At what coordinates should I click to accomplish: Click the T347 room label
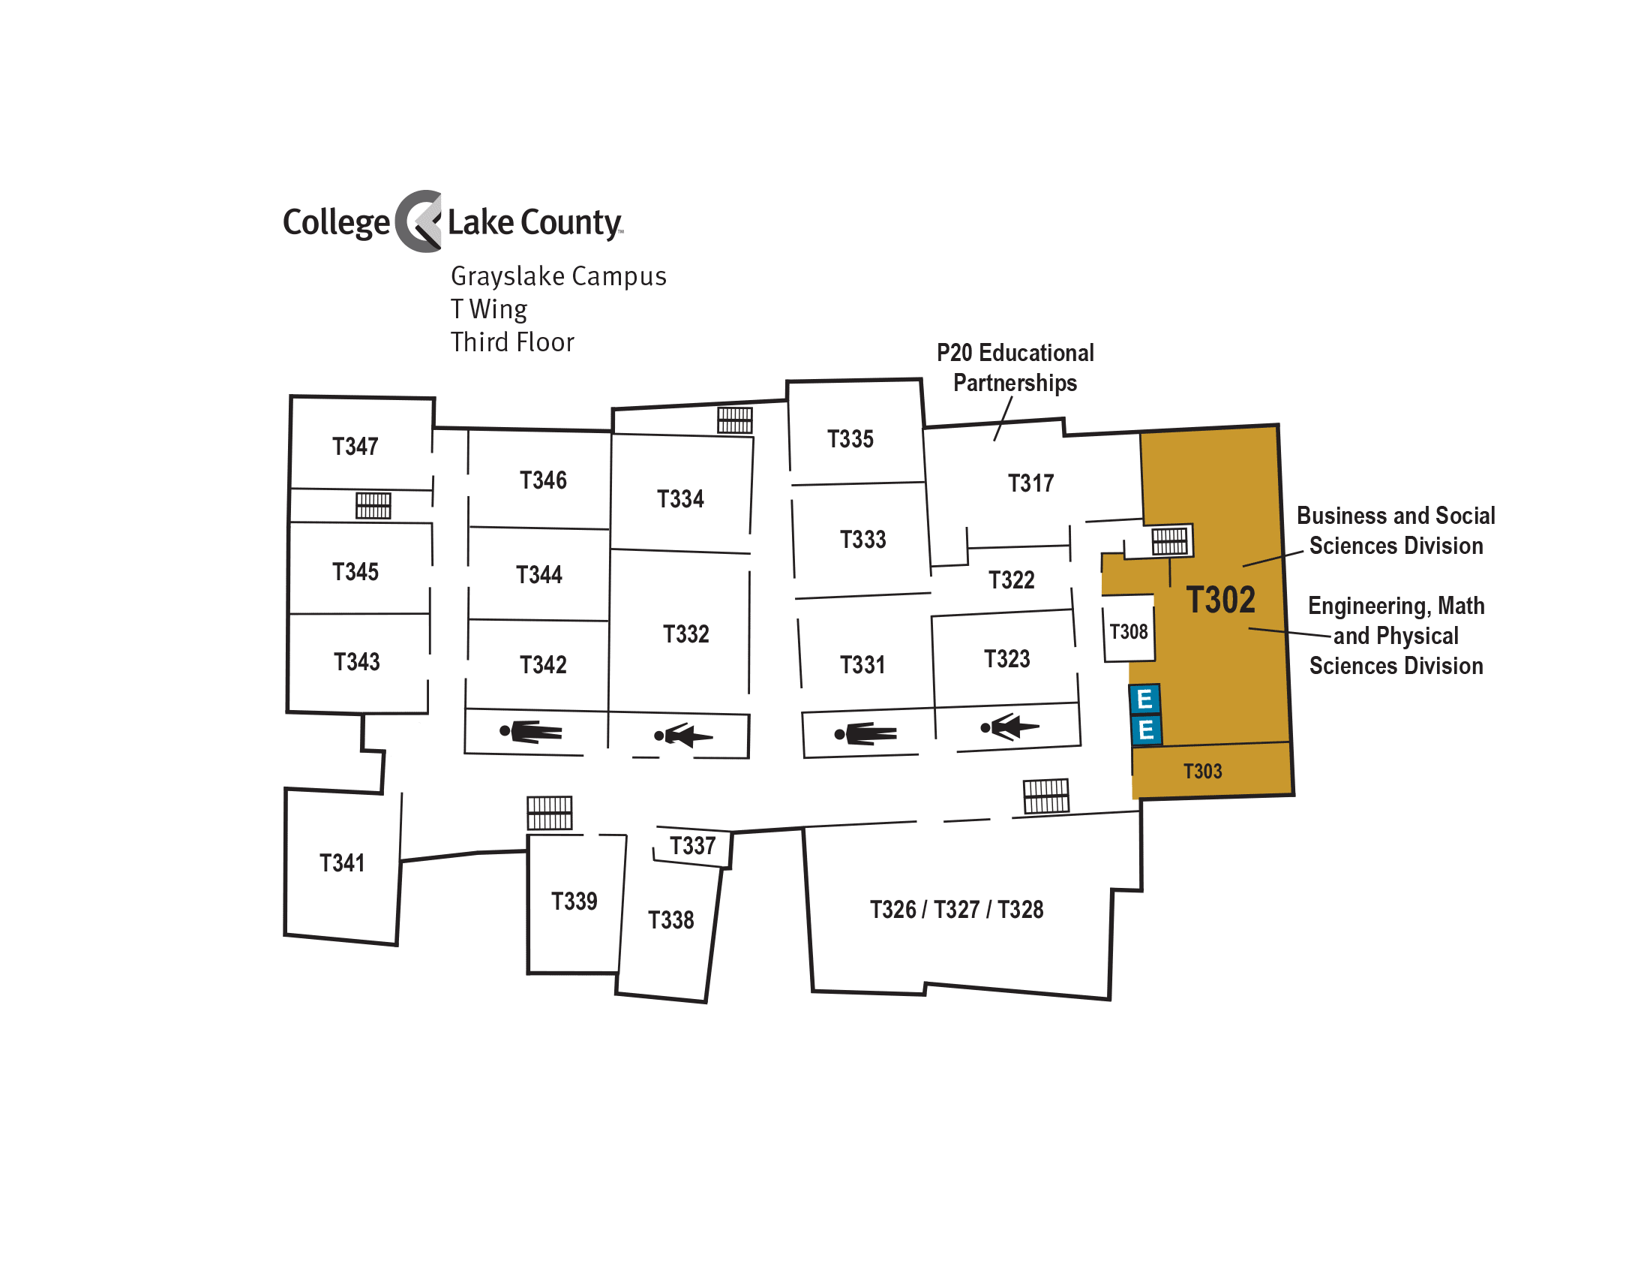(x=355, y=447)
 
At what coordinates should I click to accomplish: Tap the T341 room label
(x=342, y=863)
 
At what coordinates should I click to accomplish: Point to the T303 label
(x=1203, y=771)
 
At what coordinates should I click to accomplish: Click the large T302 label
(x=1221, y=600)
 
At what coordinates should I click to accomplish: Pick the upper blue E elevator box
(x=1144, y=700)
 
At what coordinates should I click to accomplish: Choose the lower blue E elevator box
(x=1146, y=730)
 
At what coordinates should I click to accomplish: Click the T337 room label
(x=693, y=846)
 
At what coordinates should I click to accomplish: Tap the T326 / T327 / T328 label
(x=956, y=910)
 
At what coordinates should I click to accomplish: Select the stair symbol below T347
(x=373, y=506)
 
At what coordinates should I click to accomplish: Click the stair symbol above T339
(x=549, y=814)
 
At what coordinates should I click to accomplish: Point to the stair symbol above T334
(x=735, y=420)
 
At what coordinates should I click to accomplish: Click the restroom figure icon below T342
(x=531, y=732)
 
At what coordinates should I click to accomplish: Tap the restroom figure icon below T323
(x=1010, y=727)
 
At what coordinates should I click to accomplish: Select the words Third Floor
(x=512, y=342)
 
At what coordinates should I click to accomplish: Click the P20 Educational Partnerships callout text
(x=1015, y=367)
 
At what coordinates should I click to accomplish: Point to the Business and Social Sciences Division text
(x=1396, y=531)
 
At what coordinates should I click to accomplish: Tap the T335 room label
(x=850, y=439)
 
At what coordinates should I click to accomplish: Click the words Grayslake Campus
(x=558, y=277)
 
